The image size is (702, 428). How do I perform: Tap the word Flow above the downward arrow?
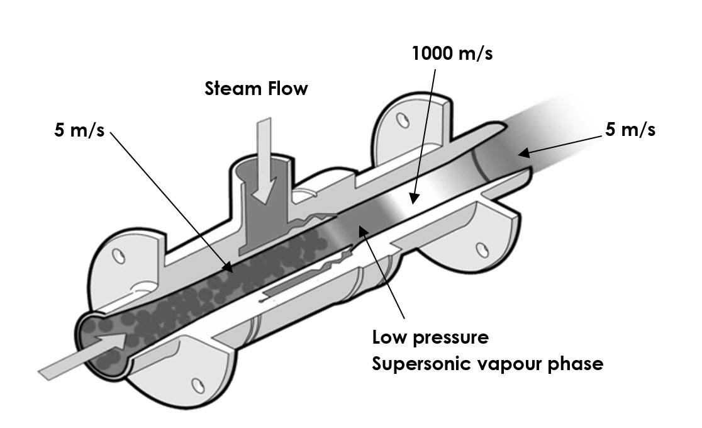[x=286, y=89]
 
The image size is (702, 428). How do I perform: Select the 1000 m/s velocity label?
[x=452, y=54]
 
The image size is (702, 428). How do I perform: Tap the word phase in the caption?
[x=576, y=364]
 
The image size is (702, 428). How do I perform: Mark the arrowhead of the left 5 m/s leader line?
[x=231, y=269]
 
